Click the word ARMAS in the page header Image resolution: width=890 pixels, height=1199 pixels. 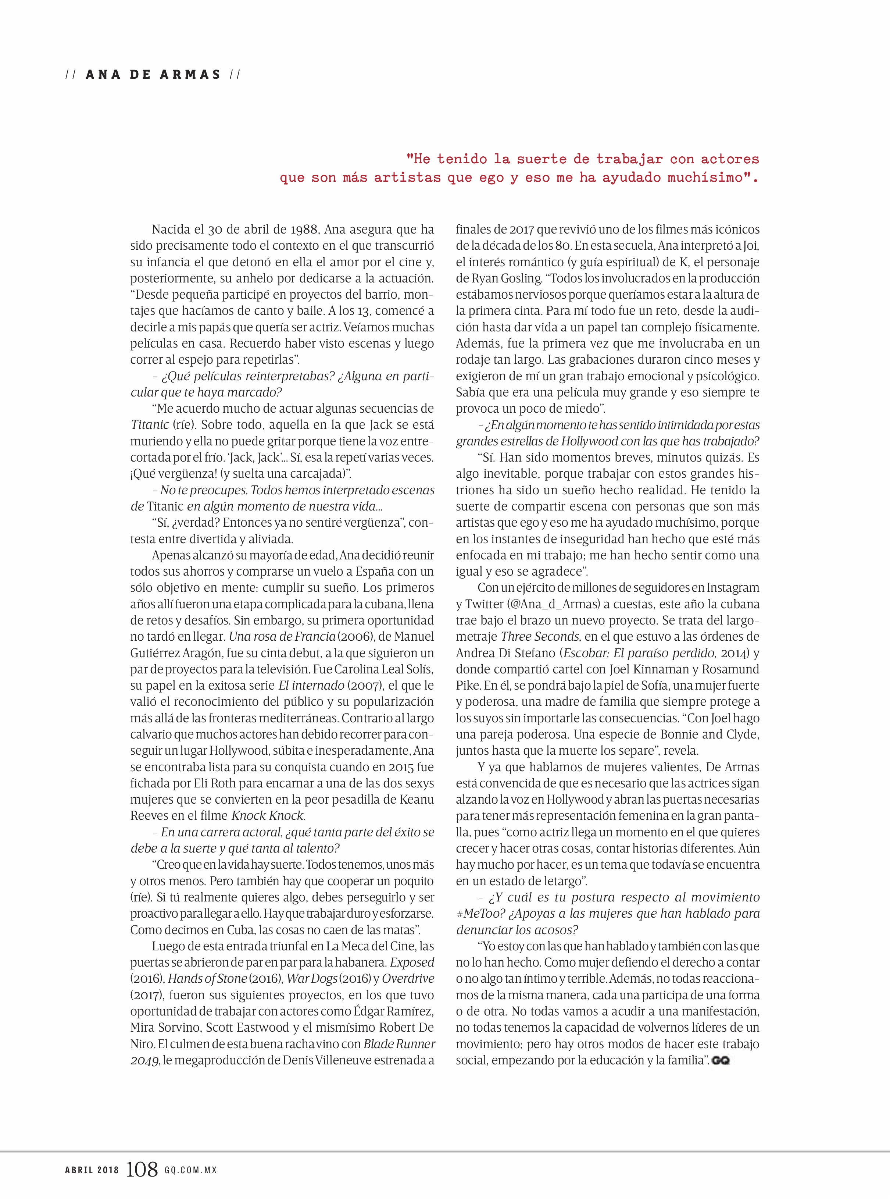click(190, 74)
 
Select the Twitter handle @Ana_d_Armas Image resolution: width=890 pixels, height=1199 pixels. click(558, 604)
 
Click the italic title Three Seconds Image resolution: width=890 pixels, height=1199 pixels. click(540, 636)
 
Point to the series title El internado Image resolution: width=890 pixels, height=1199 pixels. click(311, 686)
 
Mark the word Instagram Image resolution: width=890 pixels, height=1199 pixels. click(733, 588)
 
